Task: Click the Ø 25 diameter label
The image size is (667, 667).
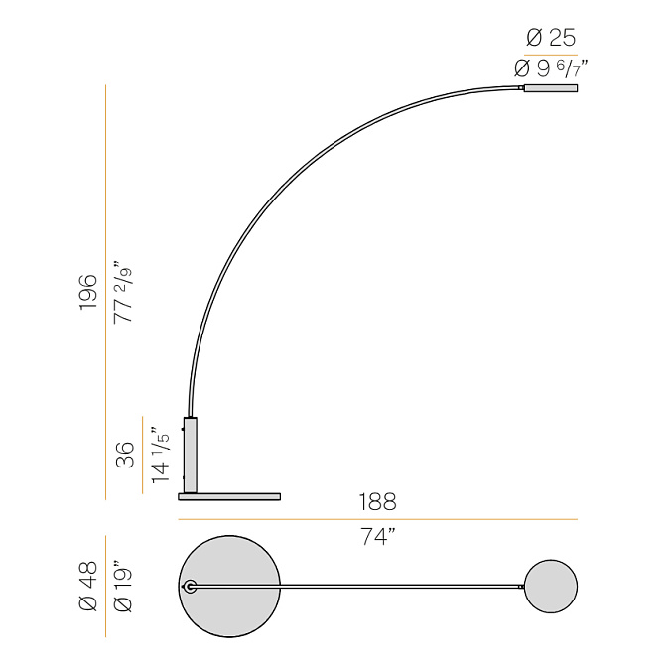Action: (551, 38)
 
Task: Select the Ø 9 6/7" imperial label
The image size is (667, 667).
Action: (551, 68)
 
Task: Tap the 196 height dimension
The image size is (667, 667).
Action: (88, 292)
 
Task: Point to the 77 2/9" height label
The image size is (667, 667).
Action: (123, 292)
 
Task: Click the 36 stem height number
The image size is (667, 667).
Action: (125, 455)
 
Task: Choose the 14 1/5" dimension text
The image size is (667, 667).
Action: (160, 455)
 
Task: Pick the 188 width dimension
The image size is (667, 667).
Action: (378, 502)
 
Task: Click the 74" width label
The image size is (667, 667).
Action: (378, 536)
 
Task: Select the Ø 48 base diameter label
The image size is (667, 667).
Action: (88, 586)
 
